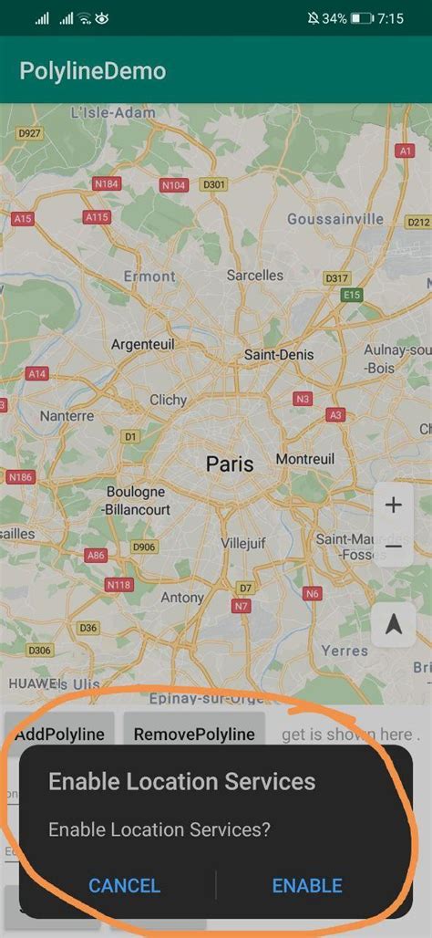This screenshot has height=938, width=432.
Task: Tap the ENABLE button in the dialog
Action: coord(307,885)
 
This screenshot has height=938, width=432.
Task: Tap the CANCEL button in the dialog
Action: coord(124,885)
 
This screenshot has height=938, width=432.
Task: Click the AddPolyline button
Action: coord(59,734)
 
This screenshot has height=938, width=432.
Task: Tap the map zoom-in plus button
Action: coord(393,505)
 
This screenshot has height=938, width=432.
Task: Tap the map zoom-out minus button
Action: coord(393,546)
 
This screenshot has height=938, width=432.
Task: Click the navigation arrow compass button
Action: coord(394,624)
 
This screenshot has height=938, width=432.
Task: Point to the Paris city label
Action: coord(230,464)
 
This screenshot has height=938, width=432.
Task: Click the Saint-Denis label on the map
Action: coord(279,354)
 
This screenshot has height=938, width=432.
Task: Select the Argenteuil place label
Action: coord(142,344)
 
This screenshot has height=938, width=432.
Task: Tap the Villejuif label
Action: coord(244,543)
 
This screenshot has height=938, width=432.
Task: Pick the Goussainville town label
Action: coord(335,219)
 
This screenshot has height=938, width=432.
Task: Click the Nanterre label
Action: coord(67,416)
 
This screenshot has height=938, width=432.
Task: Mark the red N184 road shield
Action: coord(107,183)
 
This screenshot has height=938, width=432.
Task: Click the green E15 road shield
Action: coord(352,295)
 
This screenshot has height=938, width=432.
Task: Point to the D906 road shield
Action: coord(144,547)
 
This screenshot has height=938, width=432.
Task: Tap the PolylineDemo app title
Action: coord(93,70)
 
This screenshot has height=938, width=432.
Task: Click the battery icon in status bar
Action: coord(362,18)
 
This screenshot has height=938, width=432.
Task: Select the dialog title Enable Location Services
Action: coord(181,781)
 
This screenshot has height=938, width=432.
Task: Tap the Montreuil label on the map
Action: coord(305,458)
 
